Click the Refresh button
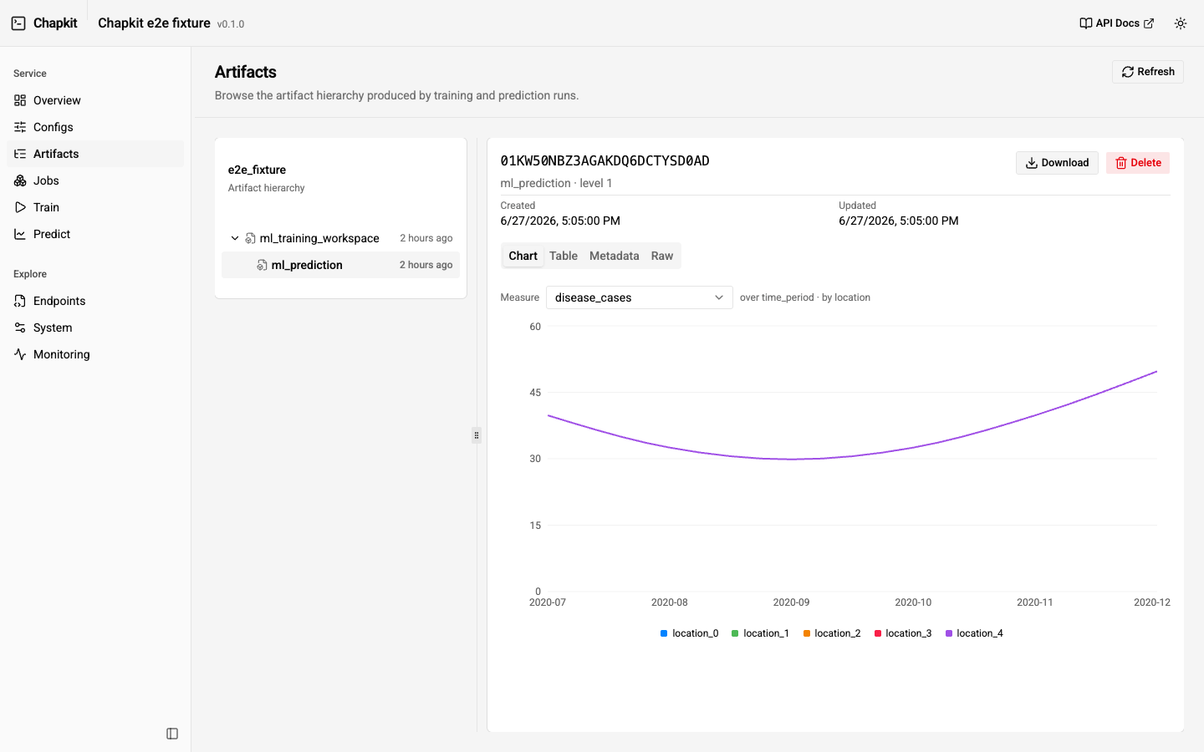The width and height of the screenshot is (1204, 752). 1147,72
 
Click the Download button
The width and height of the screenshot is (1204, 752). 1057,163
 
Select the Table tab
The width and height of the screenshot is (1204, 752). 564,256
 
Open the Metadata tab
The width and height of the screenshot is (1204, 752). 614,256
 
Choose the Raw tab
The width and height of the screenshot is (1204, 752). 661,256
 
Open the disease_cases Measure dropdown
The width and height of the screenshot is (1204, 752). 639,297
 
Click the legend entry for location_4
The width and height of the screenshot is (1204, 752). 974,633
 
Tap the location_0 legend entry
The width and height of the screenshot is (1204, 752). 689,633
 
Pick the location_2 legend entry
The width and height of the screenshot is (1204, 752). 831,633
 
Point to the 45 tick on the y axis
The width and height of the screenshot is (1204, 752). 535,393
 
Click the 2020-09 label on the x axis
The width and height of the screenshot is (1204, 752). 791,602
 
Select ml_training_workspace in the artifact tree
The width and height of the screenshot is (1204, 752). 319,238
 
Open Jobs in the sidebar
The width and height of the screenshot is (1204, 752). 46,180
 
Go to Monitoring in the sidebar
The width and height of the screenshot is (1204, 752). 61,354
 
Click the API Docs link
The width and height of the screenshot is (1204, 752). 1116,23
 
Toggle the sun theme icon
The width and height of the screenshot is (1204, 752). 1181,23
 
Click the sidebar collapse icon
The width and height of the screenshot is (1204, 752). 172,734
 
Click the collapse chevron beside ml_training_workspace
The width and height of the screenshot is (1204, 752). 235,238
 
